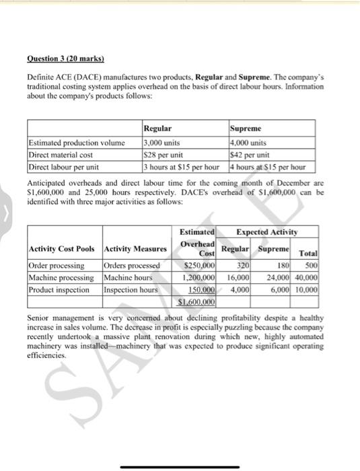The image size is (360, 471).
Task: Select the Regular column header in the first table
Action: point(158,128)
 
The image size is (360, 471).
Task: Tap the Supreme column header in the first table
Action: point(246,128)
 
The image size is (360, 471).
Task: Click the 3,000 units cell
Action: point(161,142)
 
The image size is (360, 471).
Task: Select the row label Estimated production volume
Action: point(76,142)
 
